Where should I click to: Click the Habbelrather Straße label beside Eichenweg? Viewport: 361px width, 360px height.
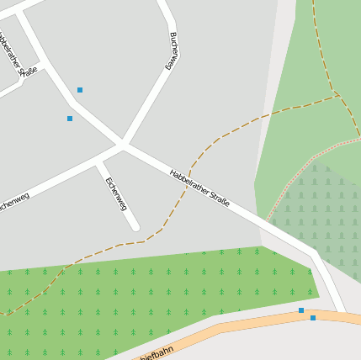[199, 188]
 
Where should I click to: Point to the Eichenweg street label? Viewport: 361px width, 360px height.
[115, 193]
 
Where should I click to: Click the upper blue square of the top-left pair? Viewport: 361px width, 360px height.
[80, 89]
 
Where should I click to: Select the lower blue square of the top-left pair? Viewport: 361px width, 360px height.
[70, 119]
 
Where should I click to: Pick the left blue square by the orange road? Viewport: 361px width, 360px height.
[301, 310]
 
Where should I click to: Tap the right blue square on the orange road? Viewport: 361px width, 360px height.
[313, 318]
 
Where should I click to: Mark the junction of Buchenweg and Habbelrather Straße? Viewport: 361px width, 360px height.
[124, 145]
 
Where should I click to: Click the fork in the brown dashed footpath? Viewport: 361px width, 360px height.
[339, 96]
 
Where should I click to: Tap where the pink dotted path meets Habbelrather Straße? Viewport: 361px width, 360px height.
[268, 222]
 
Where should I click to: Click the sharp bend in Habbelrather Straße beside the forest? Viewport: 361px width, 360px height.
[313, 251]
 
